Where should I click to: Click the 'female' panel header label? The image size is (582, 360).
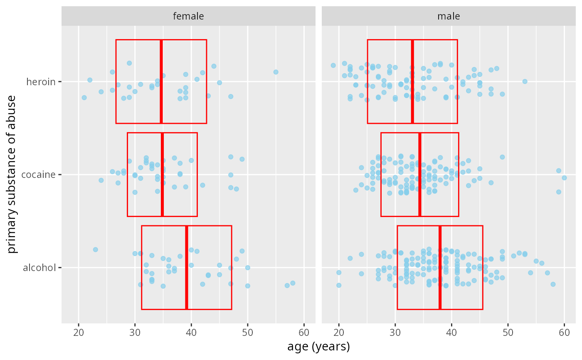(188, 16)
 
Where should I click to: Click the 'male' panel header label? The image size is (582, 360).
(449, 16)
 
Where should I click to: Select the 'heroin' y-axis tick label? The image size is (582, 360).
(41, 82)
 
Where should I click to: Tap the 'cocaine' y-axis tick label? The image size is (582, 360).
(39, 175)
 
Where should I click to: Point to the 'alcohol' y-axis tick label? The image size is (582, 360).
(39, 268)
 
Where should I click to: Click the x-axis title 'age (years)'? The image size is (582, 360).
(318, 346)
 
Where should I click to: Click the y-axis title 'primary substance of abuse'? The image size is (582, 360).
(12, 174)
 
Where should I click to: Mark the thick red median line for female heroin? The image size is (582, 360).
(161, 81)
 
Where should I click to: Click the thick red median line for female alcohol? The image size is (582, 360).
(187, 268)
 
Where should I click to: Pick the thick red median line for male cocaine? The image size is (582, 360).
(420, 175)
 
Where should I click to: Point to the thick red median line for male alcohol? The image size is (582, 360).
(440, 268)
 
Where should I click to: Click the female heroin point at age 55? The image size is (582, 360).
(276, 72)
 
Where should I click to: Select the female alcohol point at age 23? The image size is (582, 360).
(95, 249)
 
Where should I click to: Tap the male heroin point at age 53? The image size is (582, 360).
(525, 81)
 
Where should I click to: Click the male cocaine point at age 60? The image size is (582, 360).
(564, 178)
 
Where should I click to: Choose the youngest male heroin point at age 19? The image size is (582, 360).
(333, 65)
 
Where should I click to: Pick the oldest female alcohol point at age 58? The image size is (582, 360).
(293, 283)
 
